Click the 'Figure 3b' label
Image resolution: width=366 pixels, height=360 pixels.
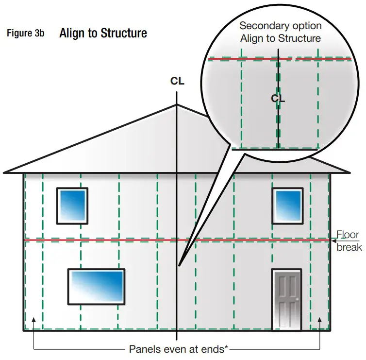click(x=25, y=34)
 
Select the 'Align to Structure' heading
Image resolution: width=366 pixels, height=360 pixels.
click(x=103, y=33)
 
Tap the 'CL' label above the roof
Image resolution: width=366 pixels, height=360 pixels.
click(x=177, y=81)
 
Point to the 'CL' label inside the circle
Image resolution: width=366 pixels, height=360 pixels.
click(x=278, y=98)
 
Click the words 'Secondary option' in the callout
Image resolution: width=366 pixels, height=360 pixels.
click(x=280, y=26)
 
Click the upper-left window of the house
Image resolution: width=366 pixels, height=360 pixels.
click(x=72, y=206)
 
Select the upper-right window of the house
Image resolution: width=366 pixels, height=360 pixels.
click(x=287, y=206)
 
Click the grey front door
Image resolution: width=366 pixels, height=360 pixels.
click(x=286, y=299)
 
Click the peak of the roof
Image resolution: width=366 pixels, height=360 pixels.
click(x=177, y=103)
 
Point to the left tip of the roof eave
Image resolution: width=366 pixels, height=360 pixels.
click(x=4, y=172)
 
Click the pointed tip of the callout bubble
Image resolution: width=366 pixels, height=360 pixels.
click(x=179, y=266)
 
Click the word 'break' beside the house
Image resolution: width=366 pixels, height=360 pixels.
click(x=349, y=247)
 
